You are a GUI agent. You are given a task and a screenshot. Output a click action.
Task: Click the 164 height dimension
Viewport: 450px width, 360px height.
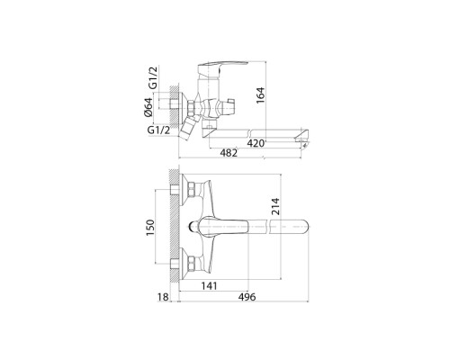tap(260, 95)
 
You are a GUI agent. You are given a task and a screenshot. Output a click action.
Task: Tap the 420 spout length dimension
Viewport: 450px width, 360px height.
tap(256, 143)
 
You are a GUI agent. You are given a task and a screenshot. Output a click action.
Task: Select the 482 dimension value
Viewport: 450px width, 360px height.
tap(229, 153)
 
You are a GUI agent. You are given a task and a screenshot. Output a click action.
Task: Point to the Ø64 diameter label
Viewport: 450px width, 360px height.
tap(148, 107)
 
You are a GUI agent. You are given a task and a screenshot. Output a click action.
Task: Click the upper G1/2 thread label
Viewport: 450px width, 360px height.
tap(153, 77)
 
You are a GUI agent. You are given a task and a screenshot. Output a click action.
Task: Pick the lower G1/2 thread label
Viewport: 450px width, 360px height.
tap(158, 130)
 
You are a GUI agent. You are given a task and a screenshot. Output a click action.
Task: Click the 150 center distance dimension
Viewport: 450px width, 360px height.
tap(150, 228)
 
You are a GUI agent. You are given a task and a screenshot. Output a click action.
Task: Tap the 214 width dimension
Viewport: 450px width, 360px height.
tap(275, 206)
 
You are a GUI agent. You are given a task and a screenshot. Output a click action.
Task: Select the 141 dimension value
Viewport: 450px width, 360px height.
tap(209, 286)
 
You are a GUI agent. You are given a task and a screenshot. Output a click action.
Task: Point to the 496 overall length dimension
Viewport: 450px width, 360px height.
tap(247, 297)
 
